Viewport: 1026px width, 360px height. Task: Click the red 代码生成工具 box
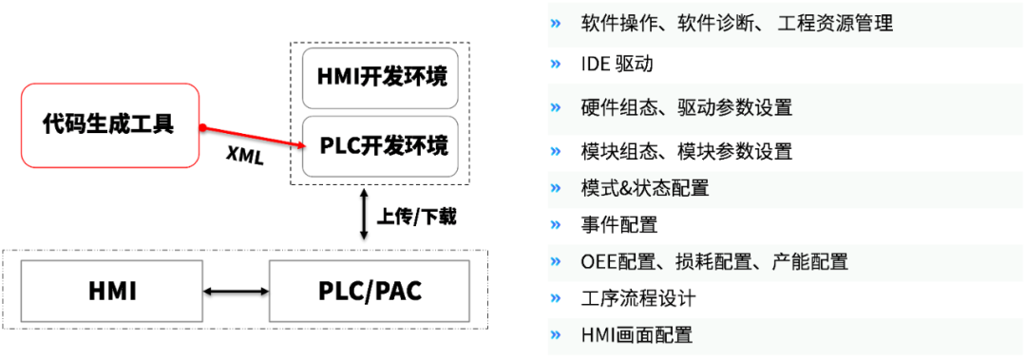[x=109, y=123]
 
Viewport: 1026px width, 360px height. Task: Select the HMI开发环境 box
[x=380, y=77]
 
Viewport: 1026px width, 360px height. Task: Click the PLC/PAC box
[x=370, y=291]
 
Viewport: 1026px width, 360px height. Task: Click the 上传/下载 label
[x=416, y=217]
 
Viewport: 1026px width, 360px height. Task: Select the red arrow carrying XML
[x=253, y=137]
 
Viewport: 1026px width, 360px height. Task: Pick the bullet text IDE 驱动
[x=617, y=65]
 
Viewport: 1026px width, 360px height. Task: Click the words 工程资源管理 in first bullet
[x=835, y=23]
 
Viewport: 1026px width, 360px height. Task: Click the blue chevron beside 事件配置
[x=556, y=225]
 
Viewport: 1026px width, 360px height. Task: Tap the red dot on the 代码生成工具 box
[x=201, y=126]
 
